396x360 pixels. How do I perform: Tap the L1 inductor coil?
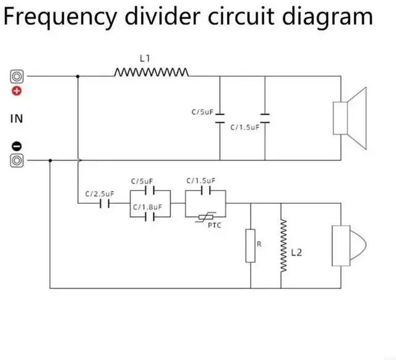point(151,73)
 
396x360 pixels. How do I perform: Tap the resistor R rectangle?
point(251,246)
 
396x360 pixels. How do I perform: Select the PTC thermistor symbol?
point(206,217)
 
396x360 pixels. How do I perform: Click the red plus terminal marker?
point(17,91)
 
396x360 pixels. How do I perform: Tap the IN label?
point(17,118)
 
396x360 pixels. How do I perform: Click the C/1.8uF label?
point(147,207)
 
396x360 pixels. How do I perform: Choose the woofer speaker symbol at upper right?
point(350,118)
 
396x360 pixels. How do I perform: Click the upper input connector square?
point(17,77)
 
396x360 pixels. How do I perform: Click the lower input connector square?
point(17,161)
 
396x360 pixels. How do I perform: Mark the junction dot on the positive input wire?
point(77,77)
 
